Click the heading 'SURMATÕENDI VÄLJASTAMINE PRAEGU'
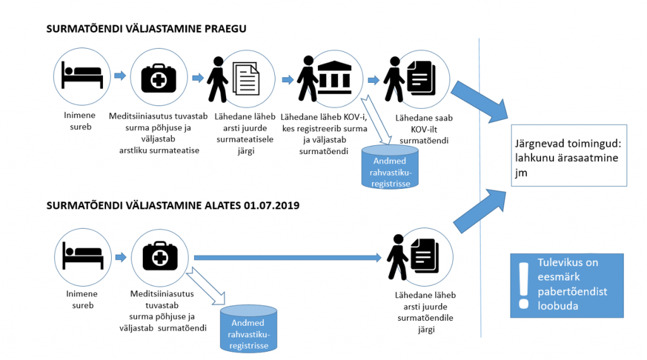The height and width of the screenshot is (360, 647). click(146, 29)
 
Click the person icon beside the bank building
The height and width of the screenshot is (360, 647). click(308, 79)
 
